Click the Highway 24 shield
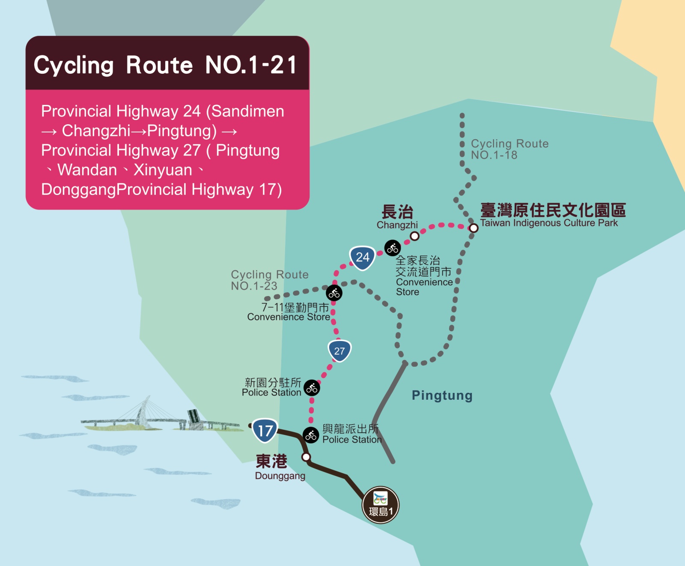tap(362, 258)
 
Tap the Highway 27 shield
tap(340, 351)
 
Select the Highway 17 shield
tap(265, 430)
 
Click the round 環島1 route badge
tap(381, 505)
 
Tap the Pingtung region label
tap(442, 395)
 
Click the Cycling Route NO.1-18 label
tap(509, 149)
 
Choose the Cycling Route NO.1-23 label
tap(269, 280)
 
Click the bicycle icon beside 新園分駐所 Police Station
tap(312, 388)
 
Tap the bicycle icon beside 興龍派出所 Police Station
tap(311, 435)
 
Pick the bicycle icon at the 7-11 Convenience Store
tap(334, 293)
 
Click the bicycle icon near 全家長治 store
tap(392, 248)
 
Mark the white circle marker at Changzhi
tap(414, 236)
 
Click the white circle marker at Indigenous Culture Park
tap(473, 228)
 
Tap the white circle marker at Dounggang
tap(306, 457)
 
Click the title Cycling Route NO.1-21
tap(165, 65)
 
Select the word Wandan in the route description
tap(87, 170)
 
